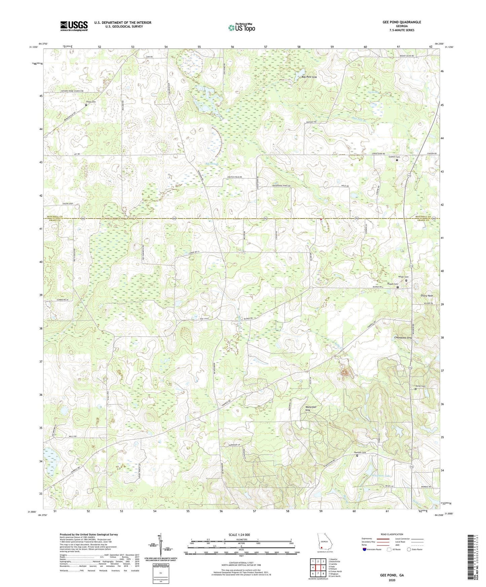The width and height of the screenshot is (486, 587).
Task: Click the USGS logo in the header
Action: pos(74,26)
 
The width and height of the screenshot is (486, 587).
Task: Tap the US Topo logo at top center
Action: pos(241,28)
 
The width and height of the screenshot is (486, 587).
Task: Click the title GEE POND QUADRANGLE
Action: pos(401,22)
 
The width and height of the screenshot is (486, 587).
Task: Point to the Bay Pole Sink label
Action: pos(309,77)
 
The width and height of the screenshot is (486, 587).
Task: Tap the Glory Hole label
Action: pos(426,296)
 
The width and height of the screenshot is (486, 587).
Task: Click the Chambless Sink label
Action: pos(403,338)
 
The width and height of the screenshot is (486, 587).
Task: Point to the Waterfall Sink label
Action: pos(310,408)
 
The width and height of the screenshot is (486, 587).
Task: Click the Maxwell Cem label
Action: pos(359,453)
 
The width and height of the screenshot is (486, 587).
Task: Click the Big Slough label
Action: pos(212,164)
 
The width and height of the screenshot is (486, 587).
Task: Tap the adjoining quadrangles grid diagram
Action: pos(317,568)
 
